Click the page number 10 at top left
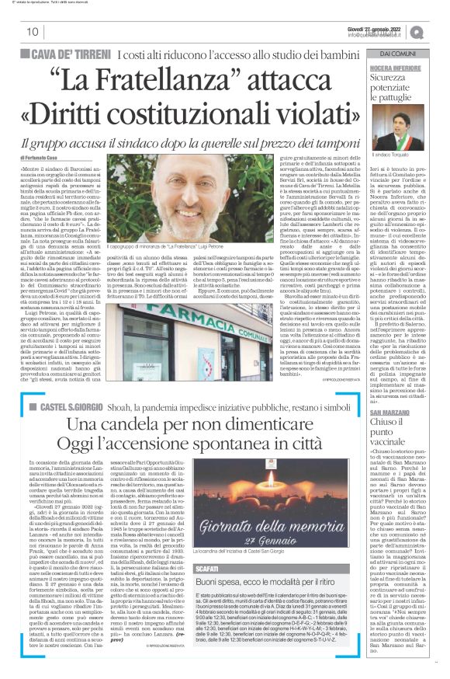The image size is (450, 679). point(33,32)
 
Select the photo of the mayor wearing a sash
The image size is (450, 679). point(395,124)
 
